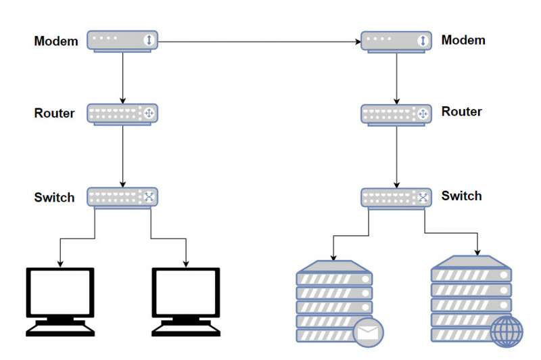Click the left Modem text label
[x=56, y=41]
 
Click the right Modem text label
[x=463, y=40]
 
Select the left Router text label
[x=55, y=113]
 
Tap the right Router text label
[x=462, y=112]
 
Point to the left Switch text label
[x=55, y=198]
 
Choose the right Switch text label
[x=462, y=196]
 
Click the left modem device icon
[x=122, y=41]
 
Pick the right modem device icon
[x=396, y=41]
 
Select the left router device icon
[x=122, y=114]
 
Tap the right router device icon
[x=396, y=114]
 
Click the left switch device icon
[x=122, y=198]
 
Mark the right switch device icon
[x=396, y=198]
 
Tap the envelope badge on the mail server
[x=368, y=332]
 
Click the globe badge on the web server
[x=506, y=332]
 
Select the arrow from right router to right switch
[x=396, y=156]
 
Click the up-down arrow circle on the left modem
[x=148, y=41]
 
